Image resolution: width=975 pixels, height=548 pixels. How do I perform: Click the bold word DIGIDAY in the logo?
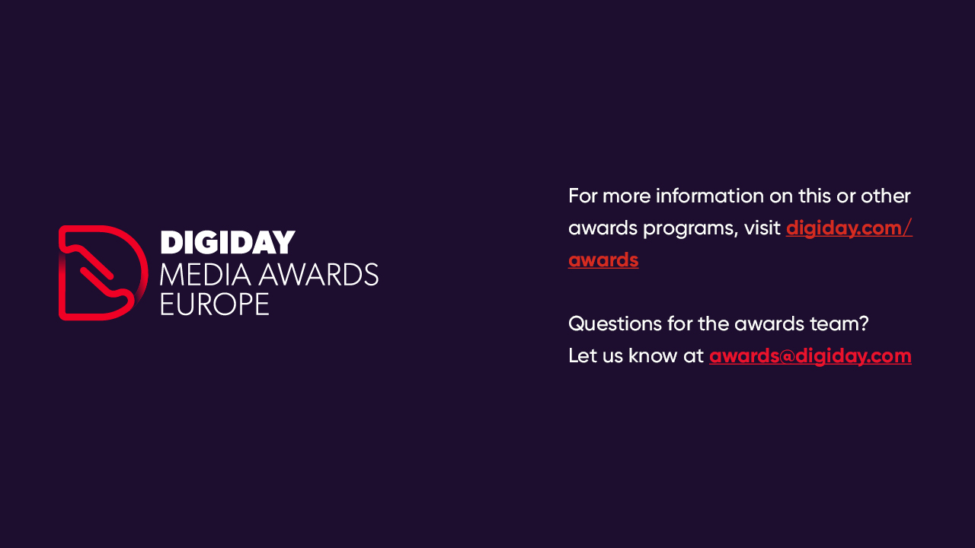click(228, 242)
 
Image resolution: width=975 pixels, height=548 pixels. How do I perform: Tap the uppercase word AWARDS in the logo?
click(318, 275)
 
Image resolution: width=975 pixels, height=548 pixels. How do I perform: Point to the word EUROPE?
click(215, 304)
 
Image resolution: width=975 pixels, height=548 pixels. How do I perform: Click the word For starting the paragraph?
click(583, 196)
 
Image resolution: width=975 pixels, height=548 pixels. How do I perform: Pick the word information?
click(709, 196)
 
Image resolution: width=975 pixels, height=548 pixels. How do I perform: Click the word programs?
click(691, 229)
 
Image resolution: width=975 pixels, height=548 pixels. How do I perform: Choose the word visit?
click(762, 228)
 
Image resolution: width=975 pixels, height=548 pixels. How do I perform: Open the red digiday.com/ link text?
click(849, 228)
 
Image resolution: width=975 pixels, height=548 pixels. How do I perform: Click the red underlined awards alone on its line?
click(603, 260)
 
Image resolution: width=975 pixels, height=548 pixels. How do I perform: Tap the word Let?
click(582, 355)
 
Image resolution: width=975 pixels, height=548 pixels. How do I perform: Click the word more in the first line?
click(626, 197)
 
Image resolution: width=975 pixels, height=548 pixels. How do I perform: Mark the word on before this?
click(781, 197)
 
